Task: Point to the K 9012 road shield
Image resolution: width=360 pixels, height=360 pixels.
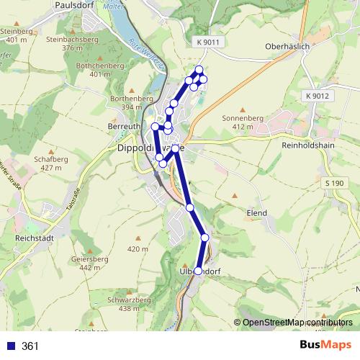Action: (316, 96)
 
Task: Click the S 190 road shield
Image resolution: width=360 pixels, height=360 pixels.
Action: (333, 184)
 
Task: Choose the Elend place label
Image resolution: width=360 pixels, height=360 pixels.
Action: (256, 213)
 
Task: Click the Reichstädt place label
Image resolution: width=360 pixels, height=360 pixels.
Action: (35, 236)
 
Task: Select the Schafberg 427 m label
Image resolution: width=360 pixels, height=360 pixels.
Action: (50, 163)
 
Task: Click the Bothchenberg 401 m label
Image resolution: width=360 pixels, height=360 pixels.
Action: (105, 69)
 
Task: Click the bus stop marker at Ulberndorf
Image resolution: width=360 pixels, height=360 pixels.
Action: (199, 271)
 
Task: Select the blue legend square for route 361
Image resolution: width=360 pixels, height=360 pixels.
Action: (10, 346)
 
